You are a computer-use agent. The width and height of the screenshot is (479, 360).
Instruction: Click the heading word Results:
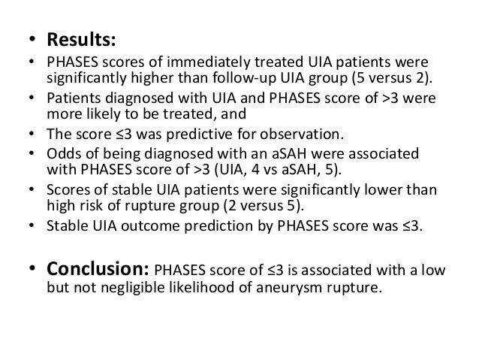pyautogui.click(x=81, y=35)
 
